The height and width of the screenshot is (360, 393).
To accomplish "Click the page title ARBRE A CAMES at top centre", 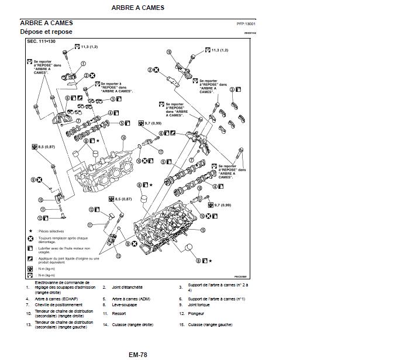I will (x=137, y=8).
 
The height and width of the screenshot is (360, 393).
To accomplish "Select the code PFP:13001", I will (x=246, y=25).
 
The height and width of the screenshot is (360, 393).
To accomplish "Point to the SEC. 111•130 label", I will (x=40, y=42).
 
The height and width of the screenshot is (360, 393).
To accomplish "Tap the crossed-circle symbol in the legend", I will (x=30, y=240).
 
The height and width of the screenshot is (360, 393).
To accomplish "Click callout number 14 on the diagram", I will (x=123, y=137).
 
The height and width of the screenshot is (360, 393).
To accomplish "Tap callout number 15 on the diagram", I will (x=202, y=230).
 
